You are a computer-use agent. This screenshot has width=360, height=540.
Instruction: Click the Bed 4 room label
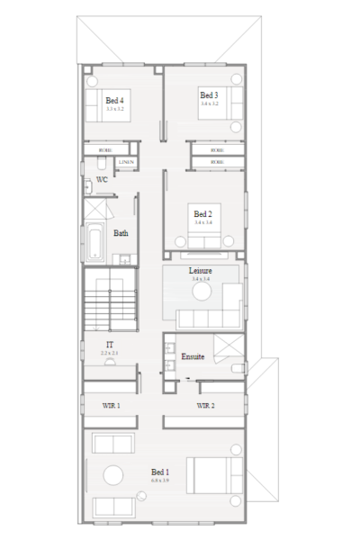tap(114, 100)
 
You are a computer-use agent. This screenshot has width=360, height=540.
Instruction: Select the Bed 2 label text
tap(202, 214)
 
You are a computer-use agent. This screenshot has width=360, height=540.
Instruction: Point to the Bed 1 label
tap(161, 472)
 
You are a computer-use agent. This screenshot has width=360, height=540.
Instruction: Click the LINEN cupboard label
tap(127, 162)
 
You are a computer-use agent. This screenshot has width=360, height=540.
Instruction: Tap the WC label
tap(102, 180)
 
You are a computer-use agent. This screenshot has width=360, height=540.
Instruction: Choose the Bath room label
tap(121, 233)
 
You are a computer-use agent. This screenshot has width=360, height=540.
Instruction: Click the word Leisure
tap(200, 270)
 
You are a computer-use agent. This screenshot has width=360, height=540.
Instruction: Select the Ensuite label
tap(191, 356)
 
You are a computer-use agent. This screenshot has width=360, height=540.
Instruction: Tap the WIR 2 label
tap(205, 406)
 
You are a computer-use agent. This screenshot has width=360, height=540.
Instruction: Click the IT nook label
tap(109, 344)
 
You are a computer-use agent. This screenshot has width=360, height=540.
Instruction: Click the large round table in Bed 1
tap(114, 475)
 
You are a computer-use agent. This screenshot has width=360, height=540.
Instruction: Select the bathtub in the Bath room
tap(94, 243)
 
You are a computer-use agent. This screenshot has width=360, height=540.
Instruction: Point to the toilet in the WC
tap(89, 184)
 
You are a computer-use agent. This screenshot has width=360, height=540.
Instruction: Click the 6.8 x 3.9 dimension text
tap(161, 481)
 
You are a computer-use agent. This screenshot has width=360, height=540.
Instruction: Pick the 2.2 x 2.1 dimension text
tap(109, 352)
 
